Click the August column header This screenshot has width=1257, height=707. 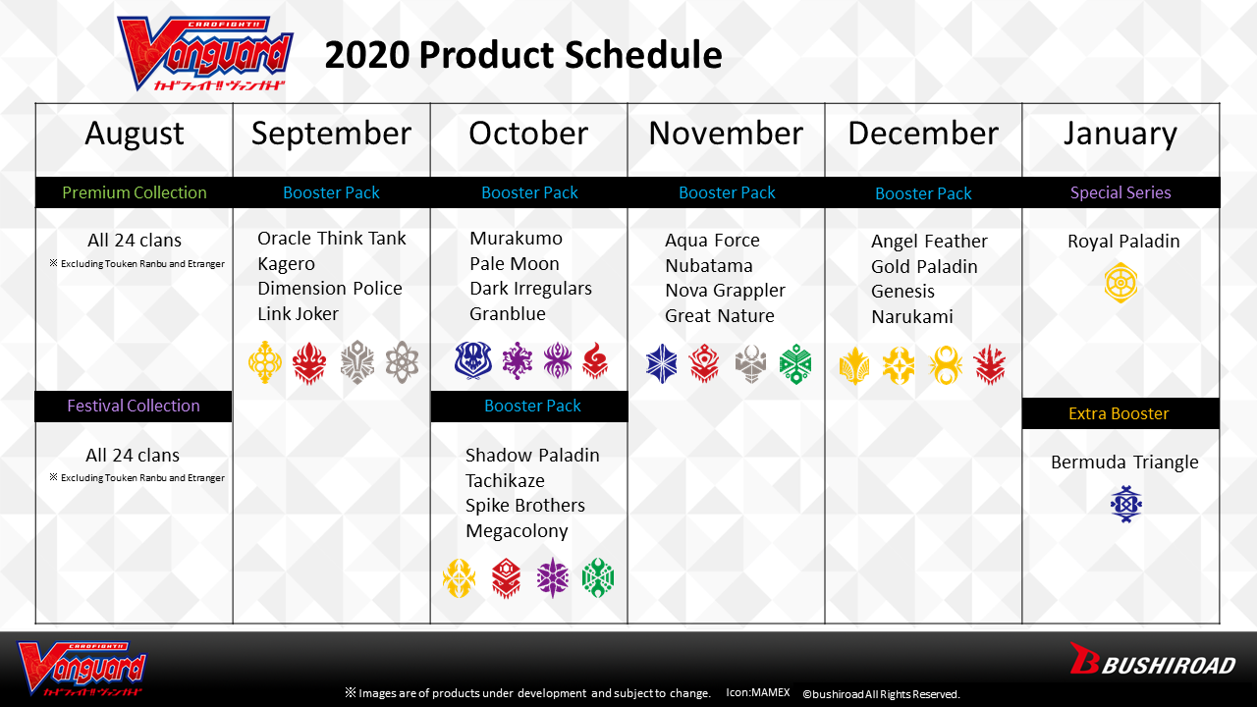pyautogui.click(x=135, y=134)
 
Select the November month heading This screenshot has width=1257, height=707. pyautogui.click(x=726, y=134)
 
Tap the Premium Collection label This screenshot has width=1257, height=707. pyautogui.click(x=135, y=192)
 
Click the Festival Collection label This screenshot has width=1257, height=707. pyautogui.click(x=134, y=406)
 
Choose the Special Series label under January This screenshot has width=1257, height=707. pyautogui.click(x=1120, y=192)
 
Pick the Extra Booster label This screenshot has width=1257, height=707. pyautogui.click(x=1119, y=413)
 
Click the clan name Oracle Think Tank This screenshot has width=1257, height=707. pyautogui.click(x=331, y=239)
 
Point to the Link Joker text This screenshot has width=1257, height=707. pyautogui.click(x=298, y=314)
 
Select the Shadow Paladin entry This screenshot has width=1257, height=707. pyautogui.click(x=532, y=456)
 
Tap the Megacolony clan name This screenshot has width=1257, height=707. pyautogui.click(x=517, y=531)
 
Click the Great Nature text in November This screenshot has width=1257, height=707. pyautogui.click(x=720, y=316)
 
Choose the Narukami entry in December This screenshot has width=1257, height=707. pyautogui.click(x=912, y=317)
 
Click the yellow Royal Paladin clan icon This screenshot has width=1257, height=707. pyautogui.click(x=1120, y=283)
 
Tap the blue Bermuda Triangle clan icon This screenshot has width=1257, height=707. pyautogui.click(x=1125, y=504)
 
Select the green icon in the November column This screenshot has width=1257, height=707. pyautogui.click(x=795, y=363)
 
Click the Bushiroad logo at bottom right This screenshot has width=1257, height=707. pyautogui.click(x=1152, y=661)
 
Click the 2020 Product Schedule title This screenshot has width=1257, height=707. pyautogui.click(x=523, y=56)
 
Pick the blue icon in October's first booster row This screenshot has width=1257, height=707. pyautogui.click(x=472, y=360)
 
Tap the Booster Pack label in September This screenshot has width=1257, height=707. pyautogui.click(x=331, y=192)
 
